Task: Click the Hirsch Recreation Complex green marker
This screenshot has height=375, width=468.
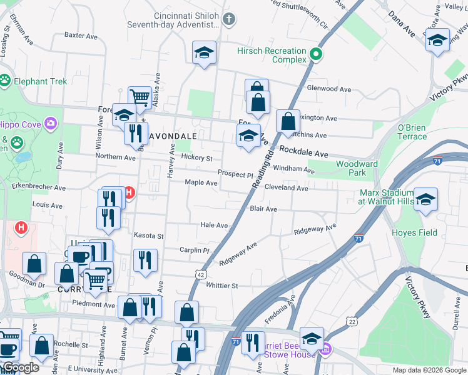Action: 317,54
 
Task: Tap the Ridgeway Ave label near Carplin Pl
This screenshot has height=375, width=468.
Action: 238,256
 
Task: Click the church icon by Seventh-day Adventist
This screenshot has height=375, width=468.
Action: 228,19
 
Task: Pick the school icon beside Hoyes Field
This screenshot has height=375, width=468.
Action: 426,200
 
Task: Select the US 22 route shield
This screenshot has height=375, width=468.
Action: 351,321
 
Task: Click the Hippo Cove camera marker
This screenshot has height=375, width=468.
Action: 49,123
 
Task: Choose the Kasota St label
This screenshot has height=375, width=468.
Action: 149,236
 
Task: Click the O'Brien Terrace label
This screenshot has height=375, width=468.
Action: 412,132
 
